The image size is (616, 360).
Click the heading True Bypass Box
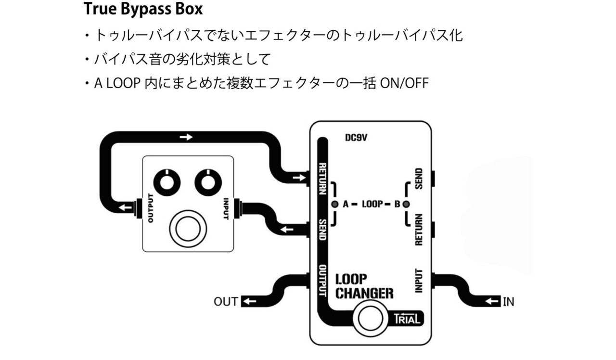coord(143,9)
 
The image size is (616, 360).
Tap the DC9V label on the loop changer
coord(357,138)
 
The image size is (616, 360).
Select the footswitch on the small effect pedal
coord(187,228)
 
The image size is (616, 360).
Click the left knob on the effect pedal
coord(167,182)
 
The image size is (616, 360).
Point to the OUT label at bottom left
coord(226,302)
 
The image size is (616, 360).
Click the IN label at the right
coord(508,302)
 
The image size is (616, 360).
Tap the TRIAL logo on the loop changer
coord(407,318)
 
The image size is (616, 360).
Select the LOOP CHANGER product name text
coord(364,286)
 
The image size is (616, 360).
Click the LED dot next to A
coord(335,204)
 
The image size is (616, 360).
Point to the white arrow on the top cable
coord(186,137)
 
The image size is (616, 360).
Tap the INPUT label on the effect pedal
coord(226,208)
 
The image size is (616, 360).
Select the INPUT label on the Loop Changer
coord(419,281)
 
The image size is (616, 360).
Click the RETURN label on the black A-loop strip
coord(323,179)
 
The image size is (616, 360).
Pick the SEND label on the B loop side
coord(419,179)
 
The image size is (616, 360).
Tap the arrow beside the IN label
coord(492,302)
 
